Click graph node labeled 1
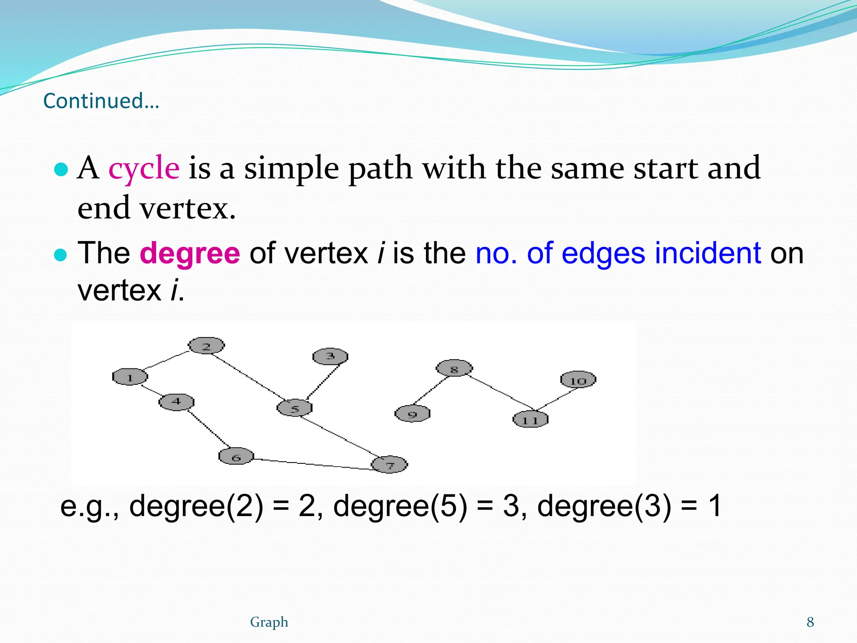coord(130,377)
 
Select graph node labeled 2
coord(206,346)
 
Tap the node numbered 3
coord(330,356)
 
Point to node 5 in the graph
coord(295,408)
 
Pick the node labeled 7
coord(390,465)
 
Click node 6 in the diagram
coord(236,456)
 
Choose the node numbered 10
coord(578,380)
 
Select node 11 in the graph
coord(530,419)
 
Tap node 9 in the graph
coord(412,414)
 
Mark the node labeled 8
coord(454,368)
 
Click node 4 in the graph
coord(176,402)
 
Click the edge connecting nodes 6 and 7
coord(313,464)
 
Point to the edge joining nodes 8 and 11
coord(500,392)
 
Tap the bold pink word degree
coord(190,254)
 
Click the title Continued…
coord(101,101)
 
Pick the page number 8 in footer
coord(810,622)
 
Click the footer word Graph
coord(269,622)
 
